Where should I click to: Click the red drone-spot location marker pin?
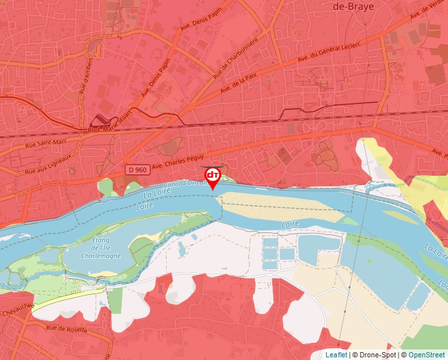tap(213, 176)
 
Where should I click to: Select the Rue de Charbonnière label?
tap(236, 59)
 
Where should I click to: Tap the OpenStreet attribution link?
tap(427, 355)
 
